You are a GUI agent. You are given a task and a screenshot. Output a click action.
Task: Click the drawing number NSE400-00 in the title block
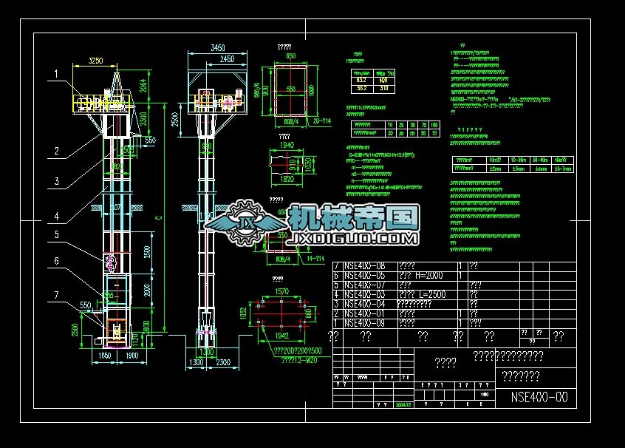coord(539,397)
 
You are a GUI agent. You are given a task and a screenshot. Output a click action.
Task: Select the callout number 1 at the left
coord(55,74)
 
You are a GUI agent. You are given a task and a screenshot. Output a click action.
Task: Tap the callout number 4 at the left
coord(55,217)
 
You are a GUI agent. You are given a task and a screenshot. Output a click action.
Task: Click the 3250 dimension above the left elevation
coord(95,60)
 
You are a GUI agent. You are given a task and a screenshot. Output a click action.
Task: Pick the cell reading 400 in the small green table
coord(383,79)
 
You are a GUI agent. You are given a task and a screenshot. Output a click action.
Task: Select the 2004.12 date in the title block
coord(403,405)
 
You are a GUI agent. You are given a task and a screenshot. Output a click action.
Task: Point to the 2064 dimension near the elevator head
coord(145,86)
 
